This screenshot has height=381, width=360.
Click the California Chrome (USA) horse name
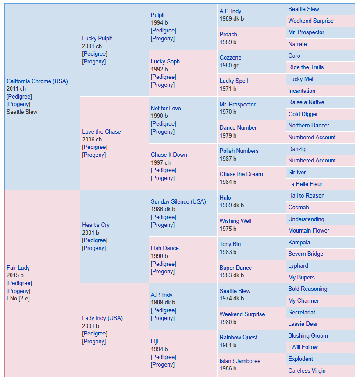tap(37, 81)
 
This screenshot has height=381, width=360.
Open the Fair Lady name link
tap(18, 268)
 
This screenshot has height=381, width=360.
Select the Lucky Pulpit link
tap(97, 39)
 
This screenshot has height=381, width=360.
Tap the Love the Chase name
tap(101, 132)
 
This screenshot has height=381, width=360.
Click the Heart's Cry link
tap(96, 225)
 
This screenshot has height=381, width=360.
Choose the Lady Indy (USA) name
tap(103, 318)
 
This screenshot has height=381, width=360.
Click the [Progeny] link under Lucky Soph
tap(163, 85)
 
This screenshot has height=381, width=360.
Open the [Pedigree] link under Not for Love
tap(164, 124)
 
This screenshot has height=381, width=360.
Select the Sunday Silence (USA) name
tap(178, 202)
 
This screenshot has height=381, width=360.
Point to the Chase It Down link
tap(169, 155)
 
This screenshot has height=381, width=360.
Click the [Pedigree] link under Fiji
tap(164, 357)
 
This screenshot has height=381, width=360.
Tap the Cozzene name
tap(231, 57)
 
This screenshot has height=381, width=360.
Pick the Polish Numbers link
tap(239, 151)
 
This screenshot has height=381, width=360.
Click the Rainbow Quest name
tap(239, 338)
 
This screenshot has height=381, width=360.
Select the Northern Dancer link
tap(309, 126)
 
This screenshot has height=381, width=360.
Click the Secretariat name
tap(302, 313)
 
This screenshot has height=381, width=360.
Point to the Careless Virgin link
tap(307, 371)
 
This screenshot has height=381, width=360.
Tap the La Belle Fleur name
tap(305, 184)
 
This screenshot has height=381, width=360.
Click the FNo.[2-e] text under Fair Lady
tap(18, 299)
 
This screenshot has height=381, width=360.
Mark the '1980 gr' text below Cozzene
tap(229, 65)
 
